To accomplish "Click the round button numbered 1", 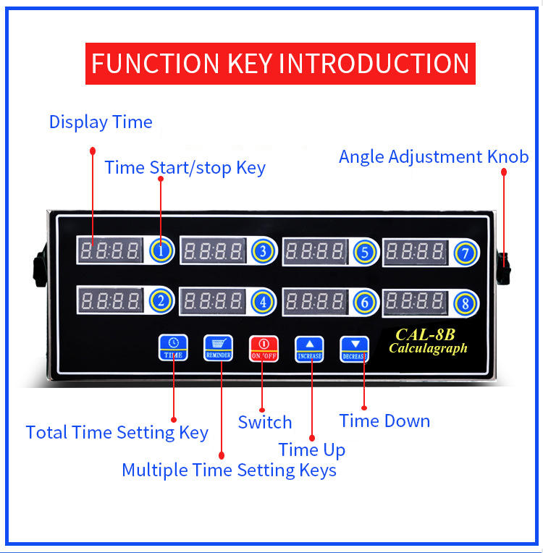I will coord(163,251).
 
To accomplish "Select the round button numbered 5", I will coord(365,252).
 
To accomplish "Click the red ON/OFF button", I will coord(264,348).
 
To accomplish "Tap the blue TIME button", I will coord(173,347).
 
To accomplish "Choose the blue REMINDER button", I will coord(218,347).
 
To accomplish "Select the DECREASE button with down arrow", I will coord(354,349).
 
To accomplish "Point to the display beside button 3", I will coord(213,251).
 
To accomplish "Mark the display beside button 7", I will coord(416,251).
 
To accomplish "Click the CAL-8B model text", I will coord(425,335).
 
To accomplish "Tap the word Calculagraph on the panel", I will coord(428,348).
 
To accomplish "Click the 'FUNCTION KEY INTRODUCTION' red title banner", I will coord(281,64).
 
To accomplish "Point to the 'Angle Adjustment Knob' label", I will coord(434,156).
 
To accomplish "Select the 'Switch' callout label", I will coord(265,422).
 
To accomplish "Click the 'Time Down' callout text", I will coord(384,421).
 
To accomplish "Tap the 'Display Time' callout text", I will coord(101,122).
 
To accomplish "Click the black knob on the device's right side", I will coord(503,266).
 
